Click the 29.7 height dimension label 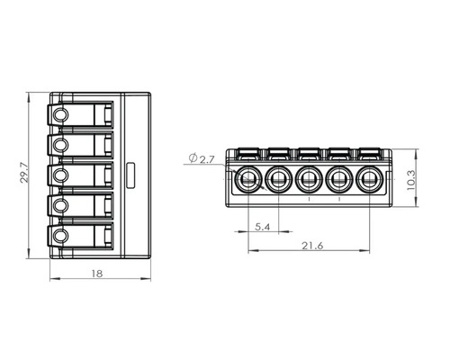pyautogui.click(x=23, y=173)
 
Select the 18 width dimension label pyautogui.click(x=97, y=274)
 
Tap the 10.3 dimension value pyautogui.click(x=411, y=180)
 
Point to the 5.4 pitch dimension pyautogui.click(x=263, y=227)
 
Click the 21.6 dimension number pyautogui.click(x=312, y=246)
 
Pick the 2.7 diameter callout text pyautogui.click(x=207, y=159)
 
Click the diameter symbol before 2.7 pyautogui.click(x=193, y=157)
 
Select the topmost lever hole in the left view pyautogui.click(x=61, y=115)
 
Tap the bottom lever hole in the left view pyautogui.click(x=61, y=236)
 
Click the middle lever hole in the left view pyautogui.click(x=61, y=175)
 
